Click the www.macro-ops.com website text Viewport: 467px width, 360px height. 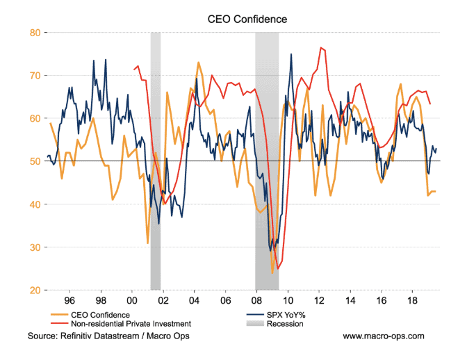(x=384, y=336)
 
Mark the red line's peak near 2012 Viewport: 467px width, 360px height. (x=320, y=47)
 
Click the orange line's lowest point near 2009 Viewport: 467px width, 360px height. (x=272, y=273)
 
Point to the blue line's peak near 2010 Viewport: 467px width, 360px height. (x=291, y=54)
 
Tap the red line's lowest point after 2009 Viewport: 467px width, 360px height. (x=278, y=269)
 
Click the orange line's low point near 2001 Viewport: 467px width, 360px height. (x=147, y=243)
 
